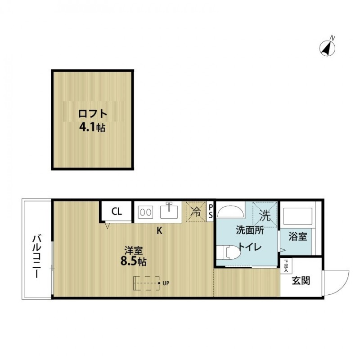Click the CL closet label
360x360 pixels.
117,211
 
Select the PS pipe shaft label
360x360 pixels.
210,211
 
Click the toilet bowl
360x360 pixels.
229,252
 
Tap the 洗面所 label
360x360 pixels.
250,230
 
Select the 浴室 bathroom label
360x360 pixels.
297,236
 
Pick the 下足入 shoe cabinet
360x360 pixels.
286,266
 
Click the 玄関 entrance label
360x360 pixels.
301,281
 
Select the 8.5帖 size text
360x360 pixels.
134,261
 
